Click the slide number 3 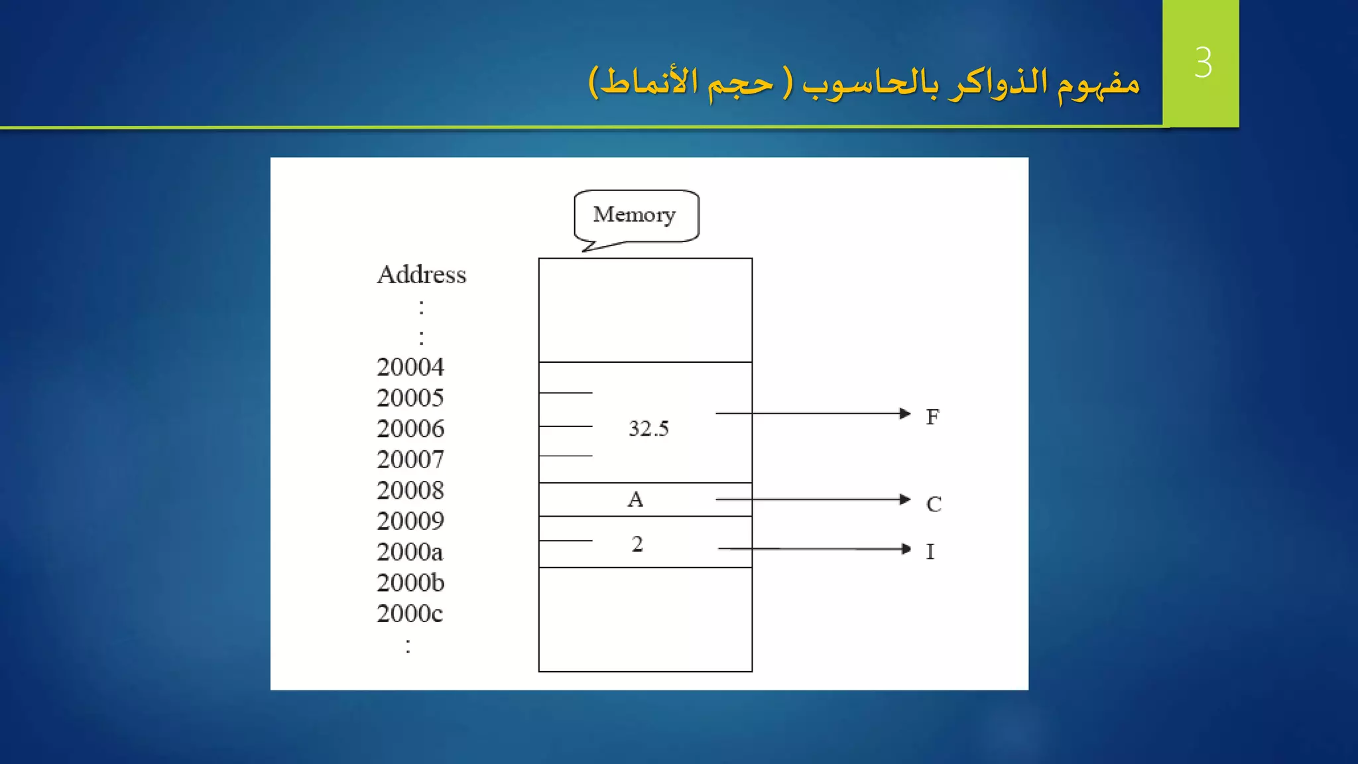pyautogui.click(x=1203, y=63)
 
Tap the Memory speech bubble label pyautogui.click(x=635, y=215)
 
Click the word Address pyautogui.click(x=421, y=275)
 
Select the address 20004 pyautogui.click(x=410, y=367)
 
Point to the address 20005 pyautogui.click(x=410, y=398)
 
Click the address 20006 pyautogui.click(x=410, y=428)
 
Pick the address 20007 pyautogui.click(x=410, y=460)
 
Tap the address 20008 pyautogui.click(x=410, y=490)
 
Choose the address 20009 pyautogui.click(x=410, y=521)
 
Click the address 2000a pyautogui.click(x=410, y=552)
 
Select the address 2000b pyautogui.click(x=410, y=583)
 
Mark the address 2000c pyautogui.click(x=410, y=613)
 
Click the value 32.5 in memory pyautogui.click(x=648, y=428)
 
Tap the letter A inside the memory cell pyautogui.click(x=635, y=499)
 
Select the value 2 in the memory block pyautogui.click(x=637, y=544)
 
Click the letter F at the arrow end pyautogui.click(x=932, y=416)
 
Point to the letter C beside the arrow pyautogui.click(x=934, y=504)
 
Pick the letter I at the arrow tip pyautogui.click(x=930, y=551)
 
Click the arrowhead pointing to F pyautogui.click(x=905, y=413)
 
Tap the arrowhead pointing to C pyautogui.click(x=905, y=499)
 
